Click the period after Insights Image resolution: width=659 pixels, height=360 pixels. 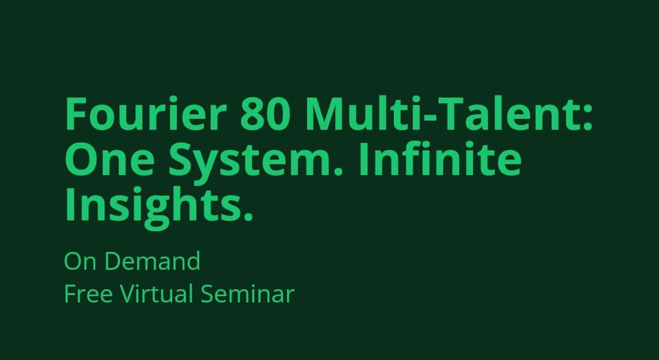pos(247,217)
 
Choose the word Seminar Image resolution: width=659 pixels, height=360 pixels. pos(248,295)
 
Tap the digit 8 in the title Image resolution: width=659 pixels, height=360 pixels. pos(252,114)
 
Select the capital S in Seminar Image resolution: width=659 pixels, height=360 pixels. pos(207,295)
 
